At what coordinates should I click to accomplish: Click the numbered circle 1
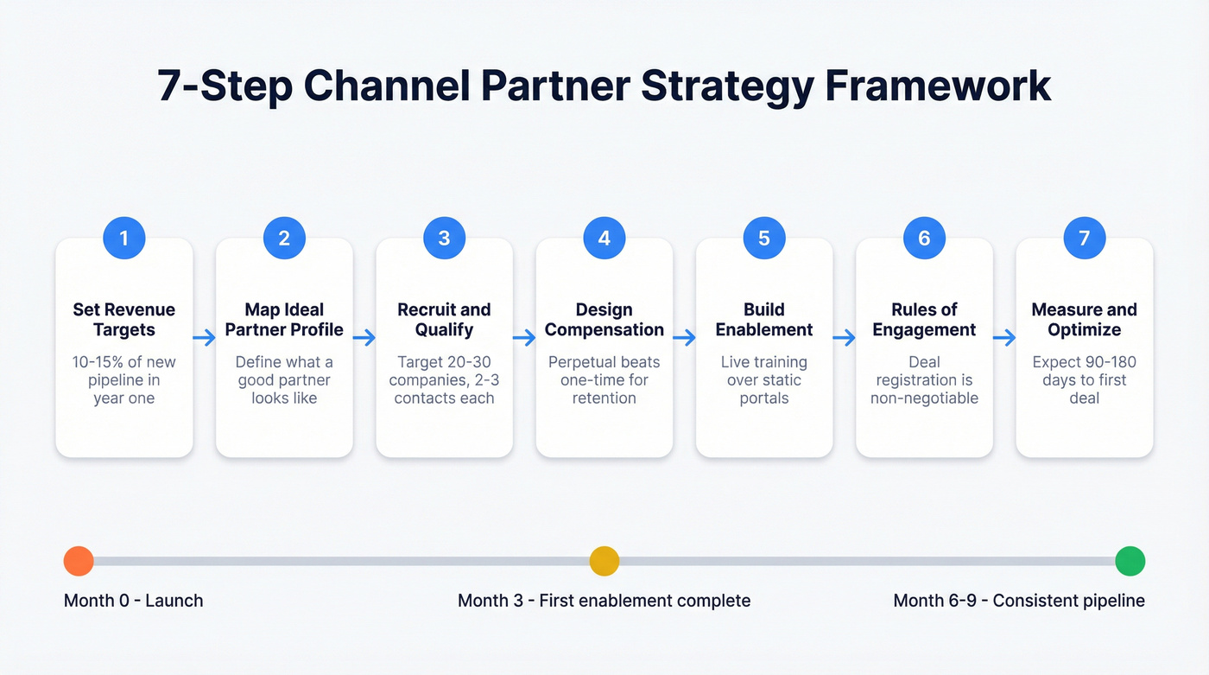[x=124, y=238]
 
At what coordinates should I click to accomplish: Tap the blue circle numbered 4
[x=604, y=238]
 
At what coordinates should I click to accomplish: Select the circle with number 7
[x=1085, y=238]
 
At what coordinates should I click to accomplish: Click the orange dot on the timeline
[x=79, y=561]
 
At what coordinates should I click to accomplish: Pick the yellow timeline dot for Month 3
[x=604, y=561]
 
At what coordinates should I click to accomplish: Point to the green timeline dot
[x=1130, y=561]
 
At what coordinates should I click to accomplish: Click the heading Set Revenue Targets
[x=124, y=320]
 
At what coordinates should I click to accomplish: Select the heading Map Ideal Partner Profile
[x=284, y=320]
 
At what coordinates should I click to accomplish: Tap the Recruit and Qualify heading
[x=444, y=320]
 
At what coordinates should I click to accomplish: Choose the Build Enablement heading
[x=764, y=320]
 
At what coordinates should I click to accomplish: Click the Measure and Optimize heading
[x=1085, y=320]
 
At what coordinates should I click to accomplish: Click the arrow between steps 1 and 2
[x=204, y=338]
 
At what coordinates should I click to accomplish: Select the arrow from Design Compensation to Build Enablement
[x=684, y=338]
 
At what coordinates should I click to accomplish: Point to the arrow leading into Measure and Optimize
[x=1004, y=338]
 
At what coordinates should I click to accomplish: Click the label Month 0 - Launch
[x=134, y=601]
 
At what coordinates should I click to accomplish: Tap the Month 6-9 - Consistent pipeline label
[x=1019, y=601]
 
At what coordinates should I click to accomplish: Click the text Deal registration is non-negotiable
[x=924, y=380]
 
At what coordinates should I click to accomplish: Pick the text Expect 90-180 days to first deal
[x=1085, y=380]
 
